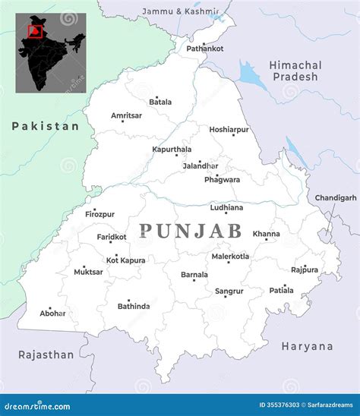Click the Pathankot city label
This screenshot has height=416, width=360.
click(x=205, y=49)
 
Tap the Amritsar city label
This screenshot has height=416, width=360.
click(x=126, y=115)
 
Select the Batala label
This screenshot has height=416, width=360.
click(x=160, y=102)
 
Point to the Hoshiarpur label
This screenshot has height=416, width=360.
click(x=229, y=130)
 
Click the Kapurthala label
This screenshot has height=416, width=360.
click(x=172, y=150)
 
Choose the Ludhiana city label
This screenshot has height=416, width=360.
click(x=227, y=207)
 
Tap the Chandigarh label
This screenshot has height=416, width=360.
click(x=336, y=197)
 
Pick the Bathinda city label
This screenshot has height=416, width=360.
click(x=134, y=306)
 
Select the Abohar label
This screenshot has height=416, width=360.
click(x=53, y=313)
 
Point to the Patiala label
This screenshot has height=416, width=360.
click(x=281, y=290)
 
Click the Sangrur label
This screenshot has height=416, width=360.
click(x=229, y=291)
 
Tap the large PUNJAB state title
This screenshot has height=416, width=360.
click(x=190, y=231)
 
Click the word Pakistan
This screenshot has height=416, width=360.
click(x=46, y=127)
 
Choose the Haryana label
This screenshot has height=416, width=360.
click(x=307, y=346)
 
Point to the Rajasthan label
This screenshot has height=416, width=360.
click(x=46, y=355)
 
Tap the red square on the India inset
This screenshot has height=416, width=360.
click(x=34, y=31)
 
